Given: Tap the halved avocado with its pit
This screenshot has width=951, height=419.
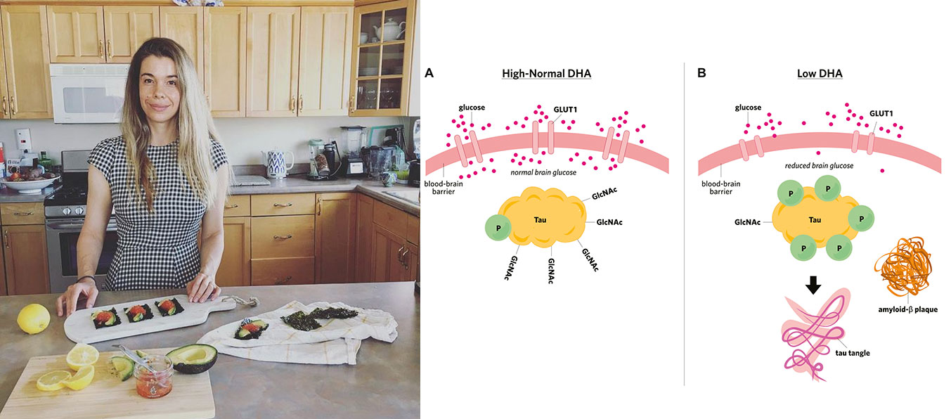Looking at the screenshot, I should [190, 358].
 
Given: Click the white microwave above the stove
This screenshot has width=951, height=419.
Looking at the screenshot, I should [89, 93].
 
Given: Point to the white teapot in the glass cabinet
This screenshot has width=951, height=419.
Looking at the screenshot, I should [387, 29].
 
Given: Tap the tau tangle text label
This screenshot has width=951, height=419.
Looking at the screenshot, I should [854, 352].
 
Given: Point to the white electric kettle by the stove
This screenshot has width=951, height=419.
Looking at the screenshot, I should [276, 163].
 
